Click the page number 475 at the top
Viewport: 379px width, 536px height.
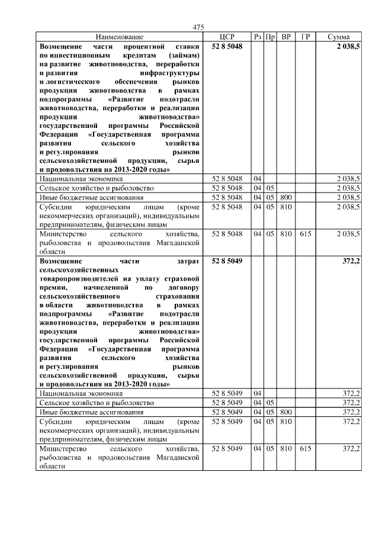click(198, 27)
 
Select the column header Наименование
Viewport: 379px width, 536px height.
click(119, 37)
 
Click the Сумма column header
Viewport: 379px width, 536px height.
click(338, 37)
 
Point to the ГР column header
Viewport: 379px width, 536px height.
click(305, 37)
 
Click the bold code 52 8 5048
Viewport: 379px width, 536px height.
click(227, 46)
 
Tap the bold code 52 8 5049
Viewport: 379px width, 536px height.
click(227, 260)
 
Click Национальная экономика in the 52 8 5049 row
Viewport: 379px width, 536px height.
click(81, 393)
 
